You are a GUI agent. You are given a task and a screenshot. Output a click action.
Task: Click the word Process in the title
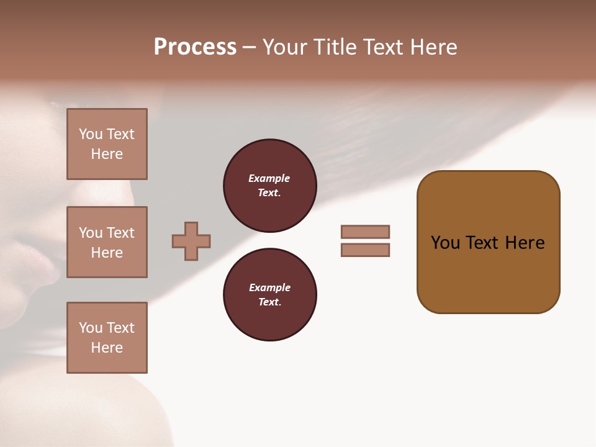pyautogui.click(x=195, y=47)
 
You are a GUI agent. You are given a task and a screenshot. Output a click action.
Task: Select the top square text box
pyautogui.click(x=107, y=144)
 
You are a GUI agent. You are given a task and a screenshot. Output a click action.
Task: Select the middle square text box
pyautogui.click(x=107, y=242)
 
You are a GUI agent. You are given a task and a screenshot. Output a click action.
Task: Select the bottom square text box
pyautogui.click(x=107, y=338)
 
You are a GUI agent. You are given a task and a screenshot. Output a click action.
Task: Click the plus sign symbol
pyautogui.click(x=191, y=241)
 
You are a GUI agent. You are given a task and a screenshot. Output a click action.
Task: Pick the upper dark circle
pyautogui.click(x=269, y=186)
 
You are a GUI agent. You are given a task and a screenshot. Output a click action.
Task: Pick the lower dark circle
pyautogui.click(x=269, y=295)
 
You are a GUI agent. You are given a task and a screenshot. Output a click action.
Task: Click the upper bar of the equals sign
pyautogui.click(x=365, y=232)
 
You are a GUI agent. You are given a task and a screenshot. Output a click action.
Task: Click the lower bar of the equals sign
pyautogui.click(x=365, y=250)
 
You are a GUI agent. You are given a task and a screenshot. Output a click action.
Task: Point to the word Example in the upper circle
pyautogui.click(x=269, y=178)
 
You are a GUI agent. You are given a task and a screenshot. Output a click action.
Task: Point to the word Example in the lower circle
pyautogui.click(x=269, y=287)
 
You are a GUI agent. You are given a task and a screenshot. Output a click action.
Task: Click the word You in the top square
pyautogui.click(x=91, y=134)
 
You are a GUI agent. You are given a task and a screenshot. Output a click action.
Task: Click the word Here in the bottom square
pyautogui.click(x=107, y=348)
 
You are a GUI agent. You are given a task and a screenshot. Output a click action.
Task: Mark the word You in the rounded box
pyautogui.click(x=445, y=243)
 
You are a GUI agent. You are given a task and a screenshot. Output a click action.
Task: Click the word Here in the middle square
pyautogui.click(x=107, y=253)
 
